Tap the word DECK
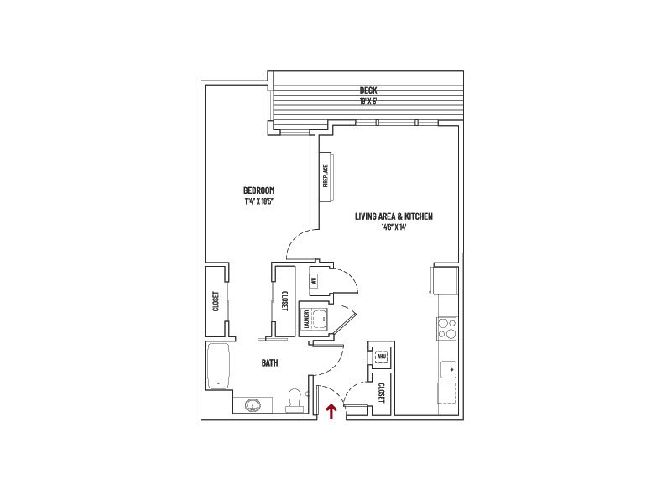pos(367,91)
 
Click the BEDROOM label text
pos(259,190)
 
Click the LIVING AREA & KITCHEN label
pos(394,216)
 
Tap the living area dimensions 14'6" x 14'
pos(393,227)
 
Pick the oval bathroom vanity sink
pos(251,406)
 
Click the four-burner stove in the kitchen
pos(447,327)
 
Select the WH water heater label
pos(314,281)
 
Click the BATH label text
pos(269,363)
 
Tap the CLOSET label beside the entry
pos(382,393)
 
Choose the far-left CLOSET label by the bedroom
pos(216,301)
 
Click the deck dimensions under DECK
pos(367,102)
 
